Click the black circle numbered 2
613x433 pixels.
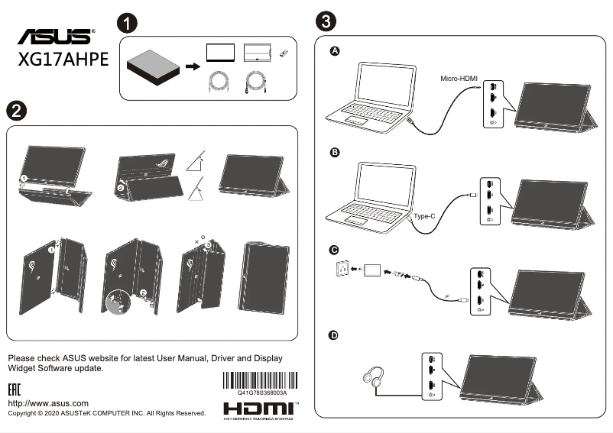pyautogui.click(x=15, y=110)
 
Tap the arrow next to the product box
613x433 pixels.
pyautogui.click(x=193, y=66)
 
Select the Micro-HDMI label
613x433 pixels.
pyautogui.click(x=459, y=79)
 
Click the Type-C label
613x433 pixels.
pyautogui.click(x=424, y=216)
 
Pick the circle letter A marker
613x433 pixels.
pyautogui.click(x=334, y=51)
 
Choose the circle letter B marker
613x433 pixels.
pyautogui.click(x=334, y=153)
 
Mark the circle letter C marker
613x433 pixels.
pyautogui.click(x=334, y=250)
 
